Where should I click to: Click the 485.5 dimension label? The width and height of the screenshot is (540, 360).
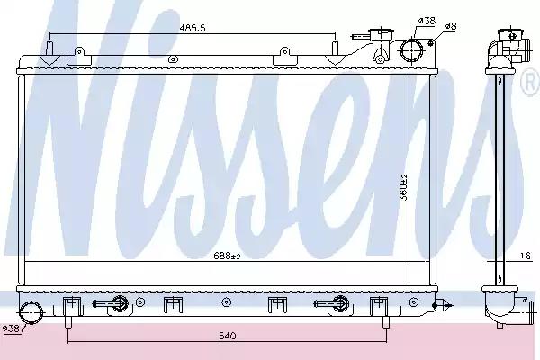[193, 28]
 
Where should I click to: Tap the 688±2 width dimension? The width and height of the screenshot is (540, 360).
[227, 256]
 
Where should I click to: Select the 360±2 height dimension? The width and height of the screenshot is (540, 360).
[403, 187]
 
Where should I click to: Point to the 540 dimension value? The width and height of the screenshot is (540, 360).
[227, 335]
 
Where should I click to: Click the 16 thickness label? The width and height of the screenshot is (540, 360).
[526, 256]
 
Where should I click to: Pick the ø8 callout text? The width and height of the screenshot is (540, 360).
[451, 26]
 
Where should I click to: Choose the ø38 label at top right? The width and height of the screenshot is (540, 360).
[427, 21]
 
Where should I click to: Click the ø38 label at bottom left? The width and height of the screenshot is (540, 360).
[10, 328]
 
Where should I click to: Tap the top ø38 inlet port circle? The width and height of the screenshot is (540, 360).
[412, 50]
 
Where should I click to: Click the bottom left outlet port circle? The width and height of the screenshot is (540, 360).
[31, 312]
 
